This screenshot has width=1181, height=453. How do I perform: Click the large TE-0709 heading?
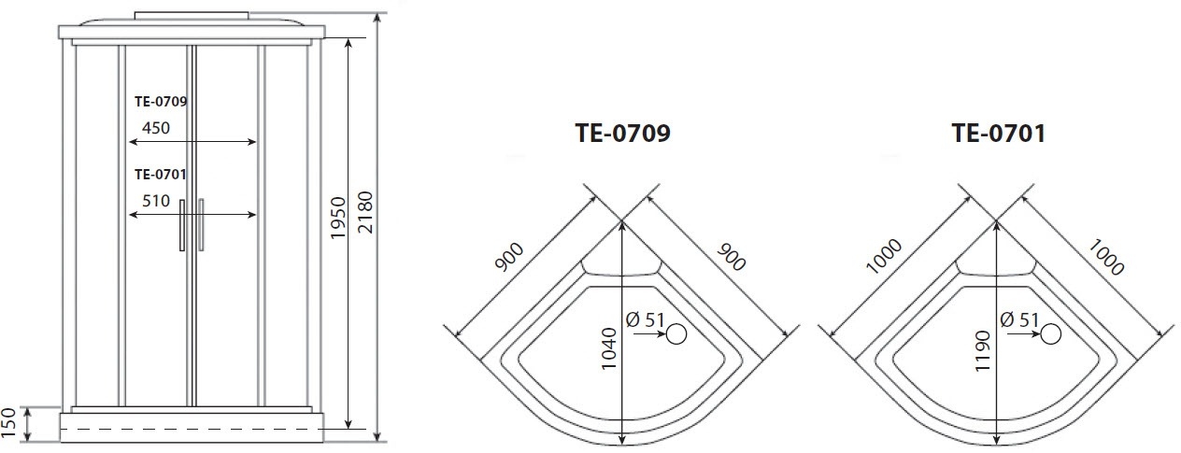[x=622, y=133]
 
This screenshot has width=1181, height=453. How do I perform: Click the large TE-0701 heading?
[x=998, y=133]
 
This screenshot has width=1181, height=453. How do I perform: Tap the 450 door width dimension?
[x=155, y=128]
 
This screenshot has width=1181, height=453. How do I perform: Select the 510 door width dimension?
[x=155, y=201]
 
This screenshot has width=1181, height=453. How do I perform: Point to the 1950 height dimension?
[x=338, y=218]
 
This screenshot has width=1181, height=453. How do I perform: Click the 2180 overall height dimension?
[x=364, y=213]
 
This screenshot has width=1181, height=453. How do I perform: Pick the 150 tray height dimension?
[x=8, y=422]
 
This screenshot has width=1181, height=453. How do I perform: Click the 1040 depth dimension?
[x=608, y=348]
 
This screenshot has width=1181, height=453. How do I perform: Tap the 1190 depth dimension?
[x=982, y=351]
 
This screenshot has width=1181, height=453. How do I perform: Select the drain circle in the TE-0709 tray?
[x=676, y=334]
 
